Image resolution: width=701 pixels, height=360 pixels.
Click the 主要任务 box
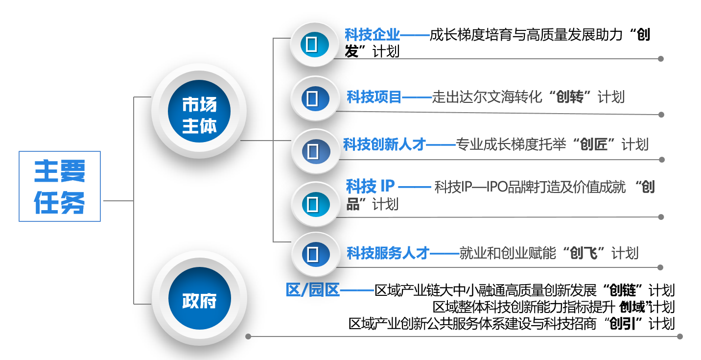point(60,186)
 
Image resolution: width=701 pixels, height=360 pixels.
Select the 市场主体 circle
point(199,116)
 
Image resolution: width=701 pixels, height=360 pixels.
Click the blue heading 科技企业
point(372,35)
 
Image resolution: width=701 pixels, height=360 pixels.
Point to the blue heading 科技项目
point(374,97)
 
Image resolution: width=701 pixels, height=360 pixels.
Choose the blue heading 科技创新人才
point(384,144)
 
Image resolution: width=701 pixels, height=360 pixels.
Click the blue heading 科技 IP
point(370,186)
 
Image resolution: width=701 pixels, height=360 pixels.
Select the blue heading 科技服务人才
point(388,253)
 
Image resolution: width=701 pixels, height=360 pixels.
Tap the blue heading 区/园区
point(312,290)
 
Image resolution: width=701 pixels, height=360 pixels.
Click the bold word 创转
point(570,97)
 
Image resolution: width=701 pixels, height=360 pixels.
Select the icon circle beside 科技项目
point(312,98)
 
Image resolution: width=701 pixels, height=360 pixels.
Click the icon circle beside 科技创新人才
point(312,151)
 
